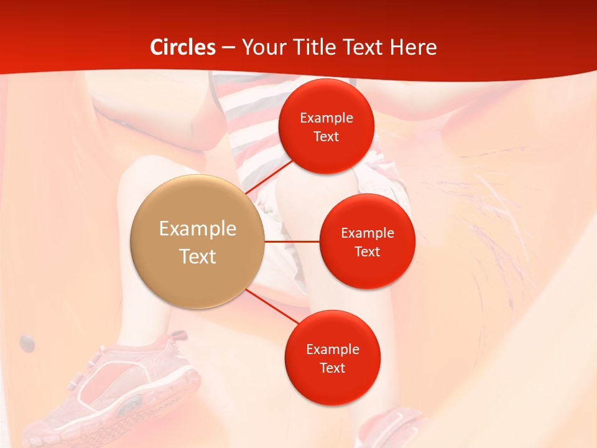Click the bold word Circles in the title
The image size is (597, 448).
183,47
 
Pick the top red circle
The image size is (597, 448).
326,126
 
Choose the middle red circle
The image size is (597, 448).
367,241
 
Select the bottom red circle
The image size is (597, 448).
332,357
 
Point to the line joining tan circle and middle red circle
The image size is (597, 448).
292,241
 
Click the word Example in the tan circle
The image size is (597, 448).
198,229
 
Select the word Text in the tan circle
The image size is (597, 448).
198,256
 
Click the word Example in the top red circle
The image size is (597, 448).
326,118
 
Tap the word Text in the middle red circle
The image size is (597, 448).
367,251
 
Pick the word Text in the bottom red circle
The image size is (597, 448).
332,368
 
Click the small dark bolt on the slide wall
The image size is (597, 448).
27,342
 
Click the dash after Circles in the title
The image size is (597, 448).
228,48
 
